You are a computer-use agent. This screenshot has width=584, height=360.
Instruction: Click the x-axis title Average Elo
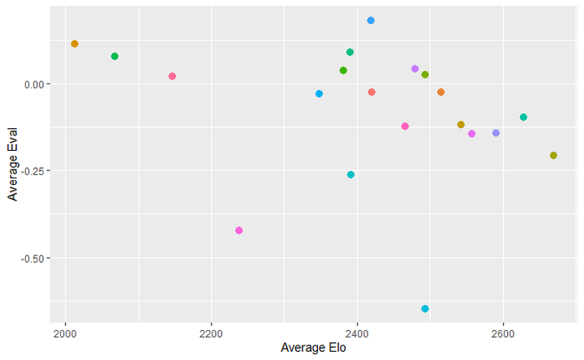click(312, 348)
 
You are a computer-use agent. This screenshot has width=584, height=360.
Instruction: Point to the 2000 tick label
click(65, 332)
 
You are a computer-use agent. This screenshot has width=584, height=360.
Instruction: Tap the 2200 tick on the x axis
click(211, 332)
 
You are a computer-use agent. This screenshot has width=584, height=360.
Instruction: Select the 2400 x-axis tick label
click(357, 332)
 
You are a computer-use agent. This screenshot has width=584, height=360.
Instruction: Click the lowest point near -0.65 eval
click(425, 309)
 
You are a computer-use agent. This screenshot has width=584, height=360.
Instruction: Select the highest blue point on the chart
click(371, 20)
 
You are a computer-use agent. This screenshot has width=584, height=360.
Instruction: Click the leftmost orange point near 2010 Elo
click(75, 44)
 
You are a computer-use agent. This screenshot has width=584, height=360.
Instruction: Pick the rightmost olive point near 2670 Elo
click(553, 156)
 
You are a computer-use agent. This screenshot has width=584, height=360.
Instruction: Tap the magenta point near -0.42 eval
click(238, 230)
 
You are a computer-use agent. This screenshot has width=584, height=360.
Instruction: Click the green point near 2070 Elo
click(114, 56)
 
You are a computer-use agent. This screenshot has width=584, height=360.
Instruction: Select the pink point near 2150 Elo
click(172, 76)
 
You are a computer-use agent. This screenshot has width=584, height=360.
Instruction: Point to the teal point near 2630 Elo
click(523, 118)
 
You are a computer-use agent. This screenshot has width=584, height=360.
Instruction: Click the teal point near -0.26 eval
click(350, 174)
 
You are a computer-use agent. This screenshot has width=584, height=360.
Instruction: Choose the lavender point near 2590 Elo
click(496, 133)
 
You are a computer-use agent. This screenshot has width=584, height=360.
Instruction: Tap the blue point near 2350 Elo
click(319, 94)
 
